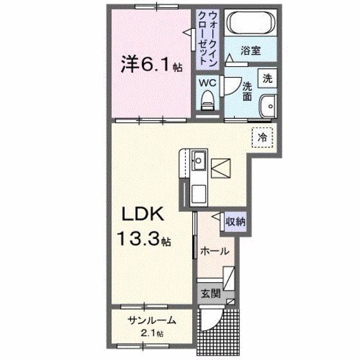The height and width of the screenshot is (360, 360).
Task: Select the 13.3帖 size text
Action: [x=143, y=241]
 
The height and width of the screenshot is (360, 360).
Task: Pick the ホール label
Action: [x=214, y=251]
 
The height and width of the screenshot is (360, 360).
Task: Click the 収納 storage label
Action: [x=235, y=221]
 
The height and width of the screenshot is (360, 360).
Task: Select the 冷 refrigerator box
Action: [x=262, y=137]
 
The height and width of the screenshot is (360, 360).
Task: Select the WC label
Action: [x=206, y=82]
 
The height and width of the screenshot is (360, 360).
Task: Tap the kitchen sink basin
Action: [x=199, y=157]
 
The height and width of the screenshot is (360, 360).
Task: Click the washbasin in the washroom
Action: [x=266, y=105]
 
